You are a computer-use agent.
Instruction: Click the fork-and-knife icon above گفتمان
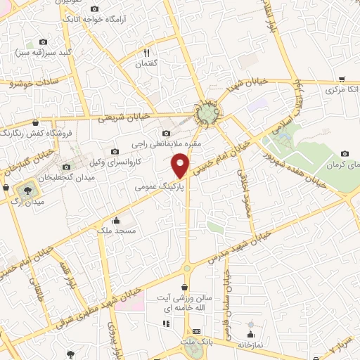coord(147,53)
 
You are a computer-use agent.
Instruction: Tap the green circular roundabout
coord(207,112)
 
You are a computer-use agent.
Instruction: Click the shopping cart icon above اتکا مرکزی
coord(341,79)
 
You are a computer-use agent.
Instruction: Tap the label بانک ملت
coord(197,342)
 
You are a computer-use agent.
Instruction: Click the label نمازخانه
coord(251,345)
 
